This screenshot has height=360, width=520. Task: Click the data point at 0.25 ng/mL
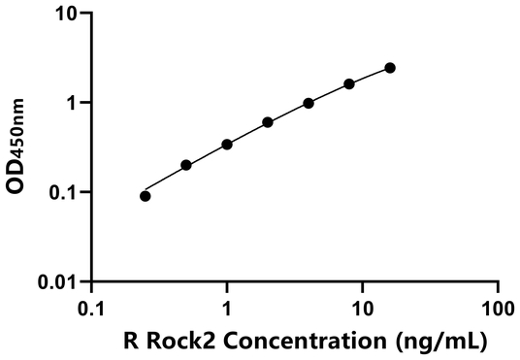pos(146,196)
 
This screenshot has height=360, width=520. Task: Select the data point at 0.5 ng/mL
pos(186,165)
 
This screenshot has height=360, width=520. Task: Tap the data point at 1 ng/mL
pos(227,145)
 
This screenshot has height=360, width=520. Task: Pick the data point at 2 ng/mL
pos(268,122)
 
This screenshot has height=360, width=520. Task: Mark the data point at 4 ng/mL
pos(309,103)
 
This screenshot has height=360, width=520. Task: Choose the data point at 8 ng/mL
pos(349,84)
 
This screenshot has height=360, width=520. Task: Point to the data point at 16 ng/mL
pos(390,68)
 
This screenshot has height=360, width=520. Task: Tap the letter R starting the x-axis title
pos(129,342)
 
